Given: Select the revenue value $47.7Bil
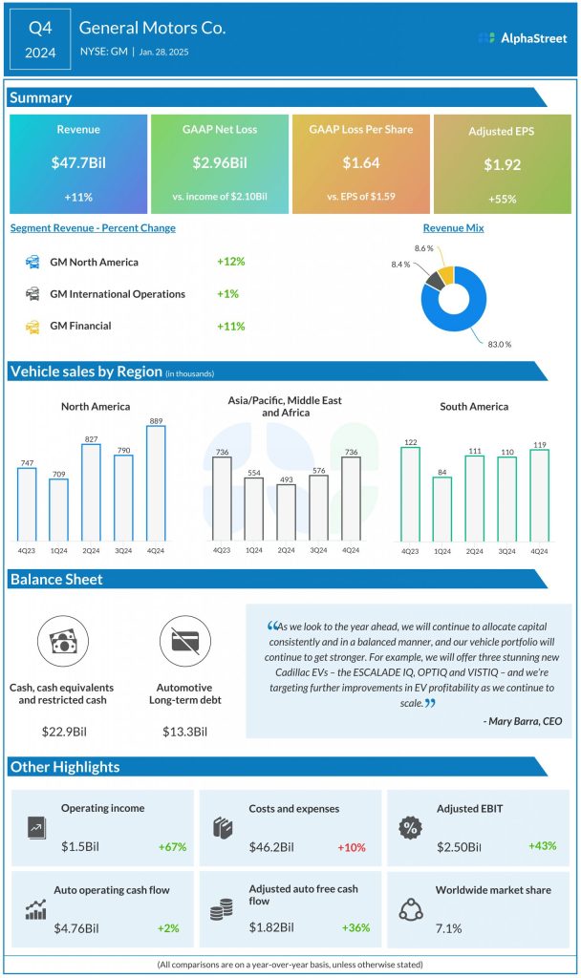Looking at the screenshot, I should pos(78,163).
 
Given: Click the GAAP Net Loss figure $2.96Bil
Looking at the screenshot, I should pos(219,163).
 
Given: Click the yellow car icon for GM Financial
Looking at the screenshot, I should pos(32,326).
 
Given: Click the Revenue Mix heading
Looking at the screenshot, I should pos(453,228).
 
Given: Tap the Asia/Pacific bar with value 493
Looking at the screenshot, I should pos(287,513).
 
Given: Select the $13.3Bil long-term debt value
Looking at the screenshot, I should pos(186,733).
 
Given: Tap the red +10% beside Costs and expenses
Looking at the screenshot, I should pos(351,847).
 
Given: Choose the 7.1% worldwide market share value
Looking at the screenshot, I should pos(449,927).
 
